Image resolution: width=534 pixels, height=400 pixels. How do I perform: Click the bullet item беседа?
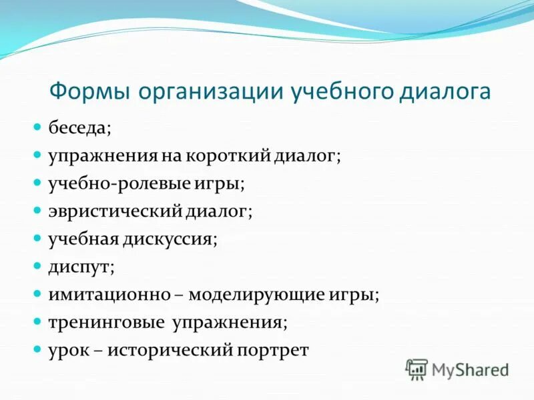click(x=77, y=127)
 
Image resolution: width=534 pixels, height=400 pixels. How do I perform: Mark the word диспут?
click(x=79, y=267)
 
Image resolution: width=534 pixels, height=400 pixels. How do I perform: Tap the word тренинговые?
click(x=107, y=323)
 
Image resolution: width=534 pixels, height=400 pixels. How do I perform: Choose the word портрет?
click(x=274, y=351)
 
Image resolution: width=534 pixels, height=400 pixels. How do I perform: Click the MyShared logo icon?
click(x=417, y=368)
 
